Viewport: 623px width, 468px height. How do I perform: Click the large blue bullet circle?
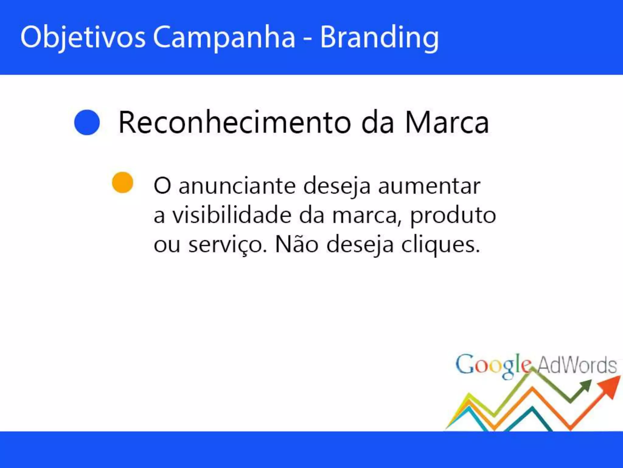coord(87,122)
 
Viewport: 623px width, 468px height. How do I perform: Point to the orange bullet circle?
coord(123,183)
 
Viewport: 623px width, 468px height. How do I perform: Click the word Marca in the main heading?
coord(447,122)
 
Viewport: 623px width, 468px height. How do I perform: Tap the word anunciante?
coord(237,186)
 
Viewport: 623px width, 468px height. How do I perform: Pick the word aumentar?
coord(429,186)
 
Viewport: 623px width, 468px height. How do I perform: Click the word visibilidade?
coord(232,215)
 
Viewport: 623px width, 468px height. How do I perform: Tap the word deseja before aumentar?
coord(337,186)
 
